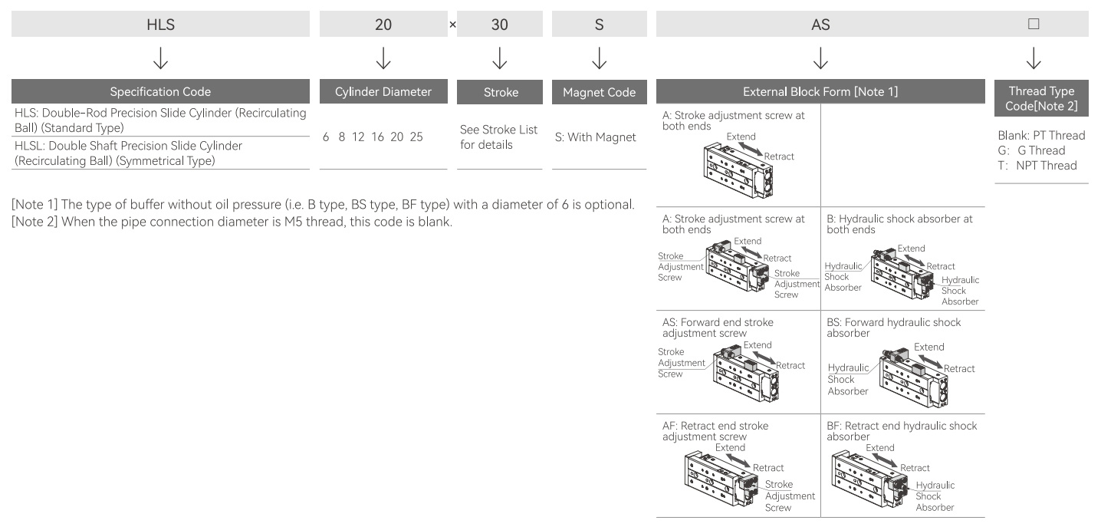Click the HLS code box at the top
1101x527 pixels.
point(160,24)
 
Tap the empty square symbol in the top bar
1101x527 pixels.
point(1034,24)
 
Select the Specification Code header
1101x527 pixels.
point(160,91)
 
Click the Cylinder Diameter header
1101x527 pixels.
point(383,91)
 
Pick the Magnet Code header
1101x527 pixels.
point(599,92)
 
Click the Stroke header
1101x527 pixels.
point(500,92)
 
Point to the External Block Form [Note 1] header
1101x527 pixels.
point(820,91)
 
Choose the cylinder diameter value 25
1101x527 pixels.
point(416,137)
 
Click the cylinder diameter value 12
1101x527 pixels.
point(358,137)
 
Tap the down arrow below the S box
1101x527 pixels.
point(599,58)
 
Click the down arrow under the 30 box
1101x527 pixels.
point(500,58)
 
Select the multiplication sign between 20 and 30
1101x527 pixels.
point(452,25)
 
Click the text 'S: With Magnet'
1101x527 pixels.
point(595,137)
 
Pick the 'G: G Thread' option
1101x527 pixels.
point(1031,150)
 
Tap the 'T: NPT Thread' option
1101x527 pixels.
point(1037,166)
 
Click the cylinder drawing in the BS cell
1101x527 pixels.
point(914,377)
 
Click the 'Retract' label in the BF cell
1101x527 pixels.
point(915,468)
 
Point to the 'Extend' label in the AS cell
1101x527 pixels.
point(758,345)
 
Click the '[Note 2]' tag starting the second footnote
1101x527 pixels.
point(35,222)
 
